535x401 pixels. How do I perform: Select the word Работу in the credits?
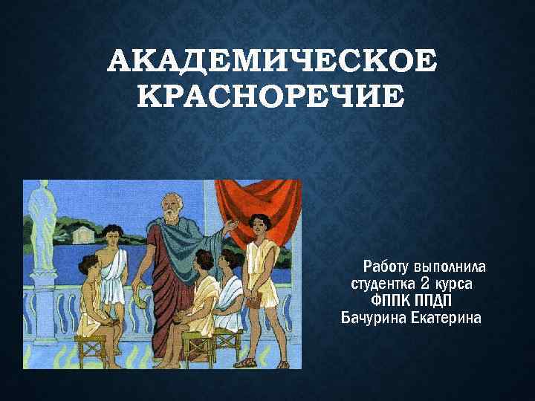point(384,267)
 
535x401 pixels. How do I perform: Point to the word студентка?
point(383,284)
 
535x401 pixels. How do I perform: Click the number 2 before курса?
point(425,283)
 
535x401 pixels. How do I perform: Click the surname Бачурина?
point(373,319)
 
